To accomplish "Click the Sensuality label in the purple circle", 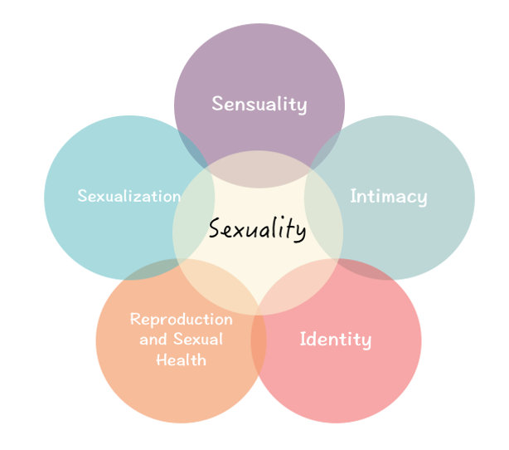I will coord(259,105).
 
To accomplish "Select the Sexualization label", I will coord(128,197).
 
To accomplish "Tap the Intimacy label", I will coord(389,197).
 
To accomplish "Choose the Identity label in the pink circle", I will coord(336,340).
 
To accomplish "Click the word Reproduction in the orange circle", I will coord(182,320).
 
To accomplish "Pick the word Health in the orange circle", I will coord(181,360).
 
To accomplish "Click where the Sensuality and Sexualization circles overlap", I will coord(192,146).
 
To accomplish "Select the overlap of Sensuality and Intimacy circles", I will coord(325,146).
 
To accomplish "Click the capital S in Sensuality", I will coord(217,105).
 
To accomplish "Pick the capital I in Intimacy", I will coord(353,197).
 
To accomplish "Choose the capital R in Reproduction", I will coord(136,320).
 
